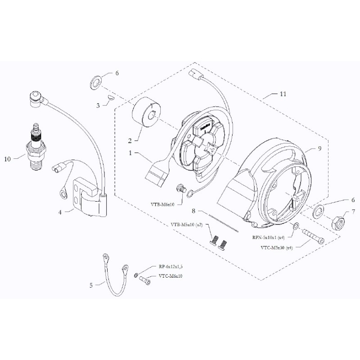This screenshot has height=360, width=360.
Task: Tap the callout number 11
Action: [x=283, y=94]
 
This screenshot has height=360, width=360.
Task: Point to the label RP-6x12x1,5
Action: [x=170, y=266]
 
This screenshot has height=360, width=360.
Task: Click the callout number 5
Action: [x=91, y=285]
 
